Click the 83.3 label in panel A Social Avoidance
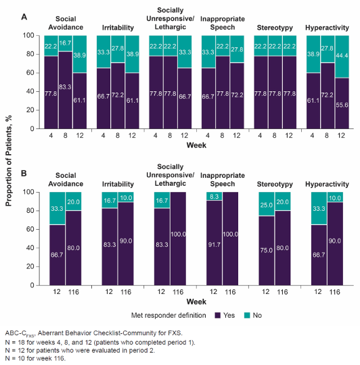(x=65, y=87)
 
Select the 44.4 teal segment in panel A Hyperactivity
(x=342, y=57)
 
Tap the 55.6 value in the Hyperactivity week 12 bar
(x=342, y=105)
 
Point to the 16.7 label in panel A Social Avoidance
(x=65, y=43)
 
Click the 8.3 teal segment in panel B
(x=214, y=196)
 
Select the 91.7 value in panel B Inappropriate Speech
(x=214, y=245)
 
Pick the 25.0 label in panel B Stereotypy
(x=267, y=205)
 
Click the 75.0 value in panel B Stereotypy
(x=267, y=250)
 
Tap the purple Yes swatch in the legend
(x=218, y=316)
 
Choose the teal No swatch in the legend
(x=247, y=316)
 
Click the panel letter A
(x=24, y=17)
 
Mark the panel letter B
(x=24, y=174)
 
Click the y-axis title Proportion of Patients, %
(x=8, y=161)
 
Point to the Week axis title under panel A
(x=196, y=145)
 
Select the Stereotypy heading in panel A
(x=275, y=28)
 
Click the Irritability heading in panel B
(x=118, y=184)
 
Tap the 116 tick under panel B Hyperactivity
(x=335, y=292)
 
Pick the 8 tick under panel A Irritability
(x=118, y=135)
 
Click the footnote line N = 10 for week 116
(x=35, y=358)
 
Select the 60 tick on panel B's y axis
(x=30, y=229)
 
